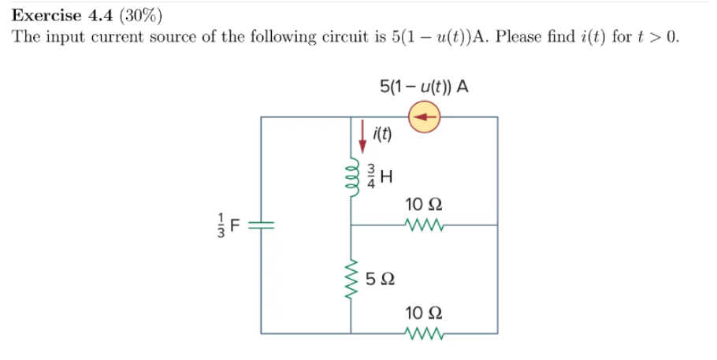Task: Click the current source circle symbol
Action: [x=423, y=117]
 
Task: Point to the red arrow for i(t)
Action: [x=363, y=135]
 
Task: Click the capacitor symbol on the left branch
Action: [x=262, y=225]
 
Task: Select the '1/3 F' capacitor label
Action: [x=230, y=225]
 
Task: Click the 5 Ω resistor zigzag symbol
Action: [x=352, y=280]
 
